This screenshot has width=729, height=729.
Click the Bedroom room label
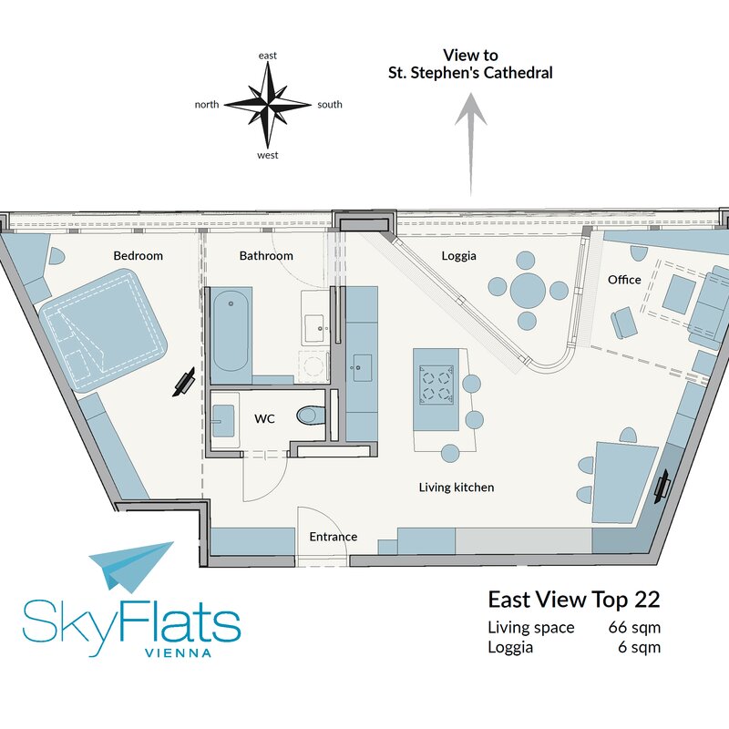click(139, 256)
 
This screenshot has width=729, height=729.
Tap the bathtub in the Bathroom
click(231, 331)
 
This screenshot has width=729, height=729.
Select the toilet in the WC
click(310, 416)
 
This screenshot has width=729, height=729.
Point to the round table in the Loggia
click(528, 290)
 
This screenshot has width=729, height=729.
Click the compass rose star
click(268, 105)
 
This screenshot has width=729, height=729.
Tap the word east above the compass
click(268, 56)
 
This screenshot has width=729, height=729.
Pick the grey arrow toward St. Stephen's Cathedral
click(470, 144)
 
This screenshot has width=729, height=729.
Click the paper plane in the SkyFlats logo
click(131, 566)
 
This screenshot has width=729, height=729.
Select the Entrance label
click(334, 537)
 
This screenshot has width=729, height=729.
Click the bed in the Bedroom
click(103, 324)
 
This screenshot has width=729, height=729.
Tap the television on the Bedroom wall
click(184, 382)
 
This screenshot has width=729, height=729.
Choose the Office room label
click(624, 280)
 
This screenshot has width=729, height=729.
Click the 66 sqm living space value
click(634, 627)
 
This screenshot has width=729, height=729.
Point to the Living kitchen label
click(457, 488)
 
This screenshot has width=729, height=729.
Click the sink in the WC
click(223, 421)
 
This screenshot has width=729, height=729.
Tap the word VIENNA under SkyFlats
click(179, 652)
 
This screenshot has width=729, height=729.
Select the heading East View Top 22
click(574, 600)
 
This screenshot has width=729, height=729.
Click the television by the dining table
click(662, 487)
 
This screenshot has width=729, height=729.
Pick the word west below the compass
click(268, 155)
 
